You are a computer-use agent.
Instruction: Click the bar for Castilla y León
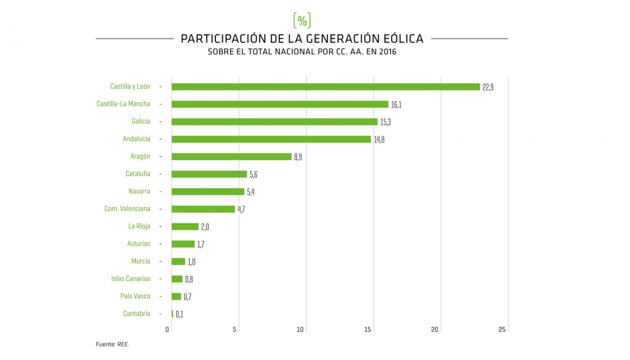325,87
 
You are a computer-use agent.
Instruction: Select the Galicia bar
274,122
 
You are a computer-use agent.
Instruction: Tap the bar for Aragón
231,156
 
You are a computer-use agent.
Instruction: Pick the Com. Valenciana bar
203,209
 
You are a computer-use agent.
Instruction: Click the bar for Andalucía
271,139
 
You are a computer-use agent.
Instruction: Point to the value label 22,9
488,87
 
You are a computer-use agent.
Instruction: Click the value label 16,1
397,105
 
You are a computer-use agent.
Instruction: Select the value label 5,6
254,174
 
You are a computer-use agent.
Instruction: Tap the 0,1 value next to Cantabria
180,314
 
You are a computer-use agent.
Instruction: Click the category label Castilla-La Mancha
123,104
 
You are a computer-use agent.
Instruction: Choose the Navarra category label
139,192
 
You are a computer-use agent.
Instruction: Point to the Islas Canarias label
130,279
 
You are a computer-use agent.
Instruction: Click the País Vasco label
135,296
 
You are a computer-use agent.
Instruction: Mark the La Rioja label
139,226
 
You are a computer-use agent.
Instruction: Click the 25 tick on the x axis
502,330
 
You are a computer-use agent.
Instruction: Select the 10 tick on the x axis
300,330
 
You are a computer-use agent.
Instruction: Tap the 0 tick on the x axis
168,330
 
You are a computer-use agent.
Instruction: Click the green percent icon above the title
302,19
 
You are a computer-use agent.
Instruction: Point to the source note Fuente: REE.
113,345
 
